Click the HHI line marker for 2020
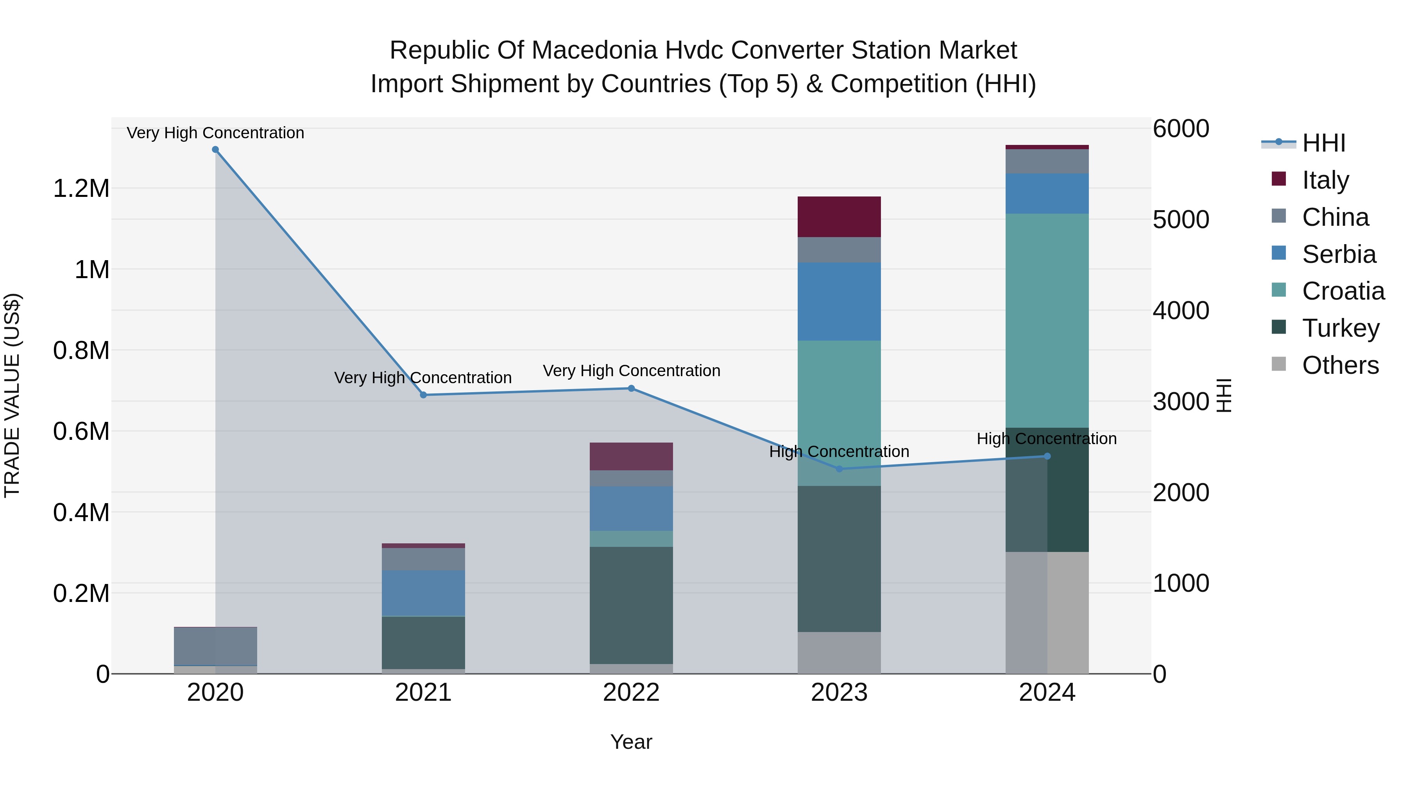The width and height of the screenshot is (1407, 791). point(215,150)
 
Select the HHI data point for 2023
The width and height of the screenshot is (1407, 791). point(839,469)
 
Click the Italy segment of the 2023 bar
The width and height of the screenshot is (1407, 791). point(839,217)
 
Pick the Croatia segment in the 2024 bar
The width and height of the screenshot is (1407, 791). point(1047,320)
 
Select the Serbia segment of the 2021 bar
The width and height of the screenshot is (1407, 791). point(423,593)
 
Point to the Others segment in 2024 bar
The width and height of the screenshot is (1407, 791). point(1047,612)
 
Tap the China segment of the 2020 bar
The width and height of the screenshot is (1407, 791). point(215,646)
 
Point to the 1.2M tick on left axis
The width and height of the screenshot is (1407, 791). point(81,189)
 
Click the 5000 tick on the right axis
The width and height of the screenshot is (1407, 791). point(1181,220)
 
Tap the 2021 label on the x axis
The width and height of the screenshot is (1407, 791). point(423,693)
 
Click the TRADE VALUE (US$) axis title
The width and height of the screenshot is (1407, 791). point(12,395)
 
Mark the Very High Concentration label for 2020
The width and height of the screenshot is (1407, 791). point(215,133)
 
